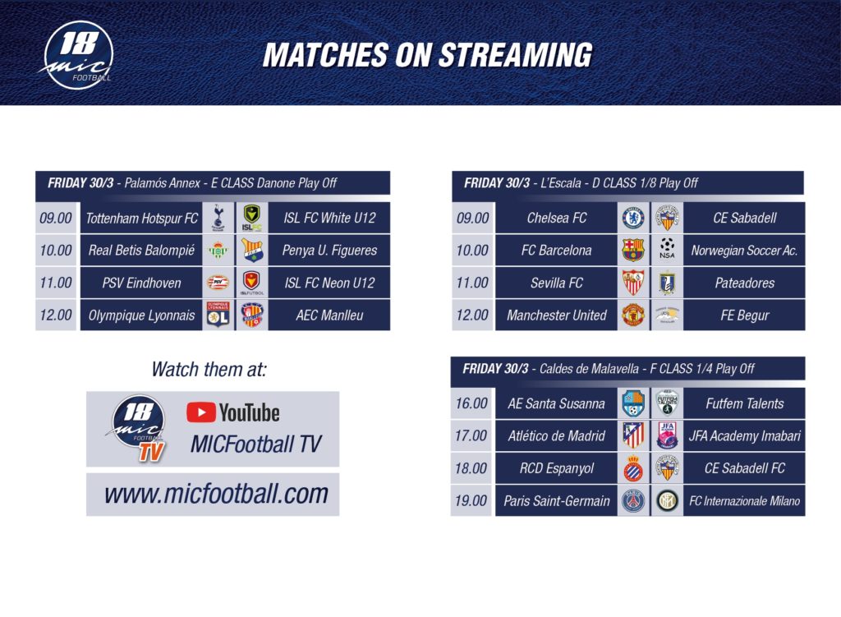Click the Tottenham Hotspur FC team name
pyautogui.click(x=141, y=219)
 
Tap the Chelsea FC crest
pyautogui.click(x=633, y=218)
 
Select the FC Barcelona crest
pyautogui.click(x=633, y=250)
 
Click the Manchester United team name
pyautogui.click(x=557, y=315)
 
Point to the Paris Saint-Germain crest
pyautogui.click(x=633, y=500)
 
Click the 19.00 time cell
pyautogui.click(x=471, y=500)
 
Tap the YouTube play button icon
pyautogui.click(x=201, y=412)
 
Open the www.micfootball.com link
pyautogui.click(x=216, y=494)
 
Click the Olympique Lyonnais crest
pyautogui.click(x=218, y=315)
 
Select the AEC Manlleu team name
pyautogui.click(x=329, y=315)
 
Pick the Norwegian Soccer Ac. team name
pyautogui.click(x=744, y=251)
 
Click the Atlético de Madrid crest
pyautogui.click(x=633, y=435)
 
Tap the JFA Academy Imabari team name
pyautogui.click(x=744, y=436)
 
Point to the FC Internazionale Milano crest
pyautogui.click(x=667, y=500)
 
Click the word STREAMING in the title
pyautogui.click(x=516, y=55)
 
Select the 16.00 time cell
pyautogui.click(x=471, y=403)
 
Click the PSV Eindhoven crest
pyautogui.click(x=218, y=283)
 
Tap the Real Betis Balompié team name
pyautogui.click(x=141, y=251)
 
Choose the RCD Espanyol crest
pyautogui.click(x=633, y=467)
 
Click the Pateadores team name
pyautogui.click(x=744, y=283)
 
